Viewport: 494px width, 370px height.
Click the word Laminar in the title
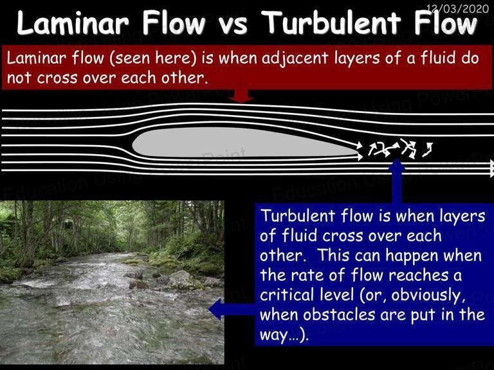(73, 23)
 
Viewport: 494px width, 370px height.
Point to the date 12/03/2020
(458, 8)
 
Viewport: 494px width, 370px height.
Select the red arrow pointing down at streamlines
(241, 96)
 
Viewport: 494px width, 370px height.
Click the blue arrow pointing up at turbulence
(397, 181)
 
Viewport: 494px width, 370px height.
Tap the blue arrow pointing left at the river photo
(232, 310)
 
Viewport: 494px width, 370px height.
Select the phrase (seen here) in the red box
(153, 59)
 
